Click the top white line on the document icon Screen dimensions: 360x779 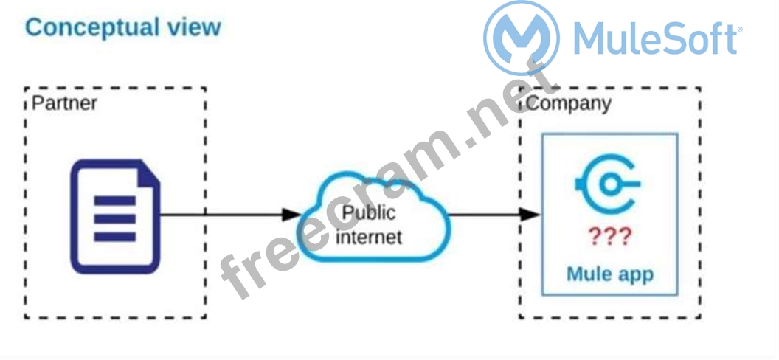click(x=114, y=200)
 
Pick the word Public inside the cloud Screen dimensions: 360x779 click(x=368, y=213)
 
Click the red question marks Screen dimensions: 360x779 click(x=609, y=236)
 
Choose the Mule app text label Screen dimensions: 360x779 click(x=609, y=274)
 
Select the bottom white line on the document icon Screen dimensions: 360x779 click(x=114, y=237)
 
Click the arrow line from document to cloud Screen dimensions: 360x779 click(x=221, y=215)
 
